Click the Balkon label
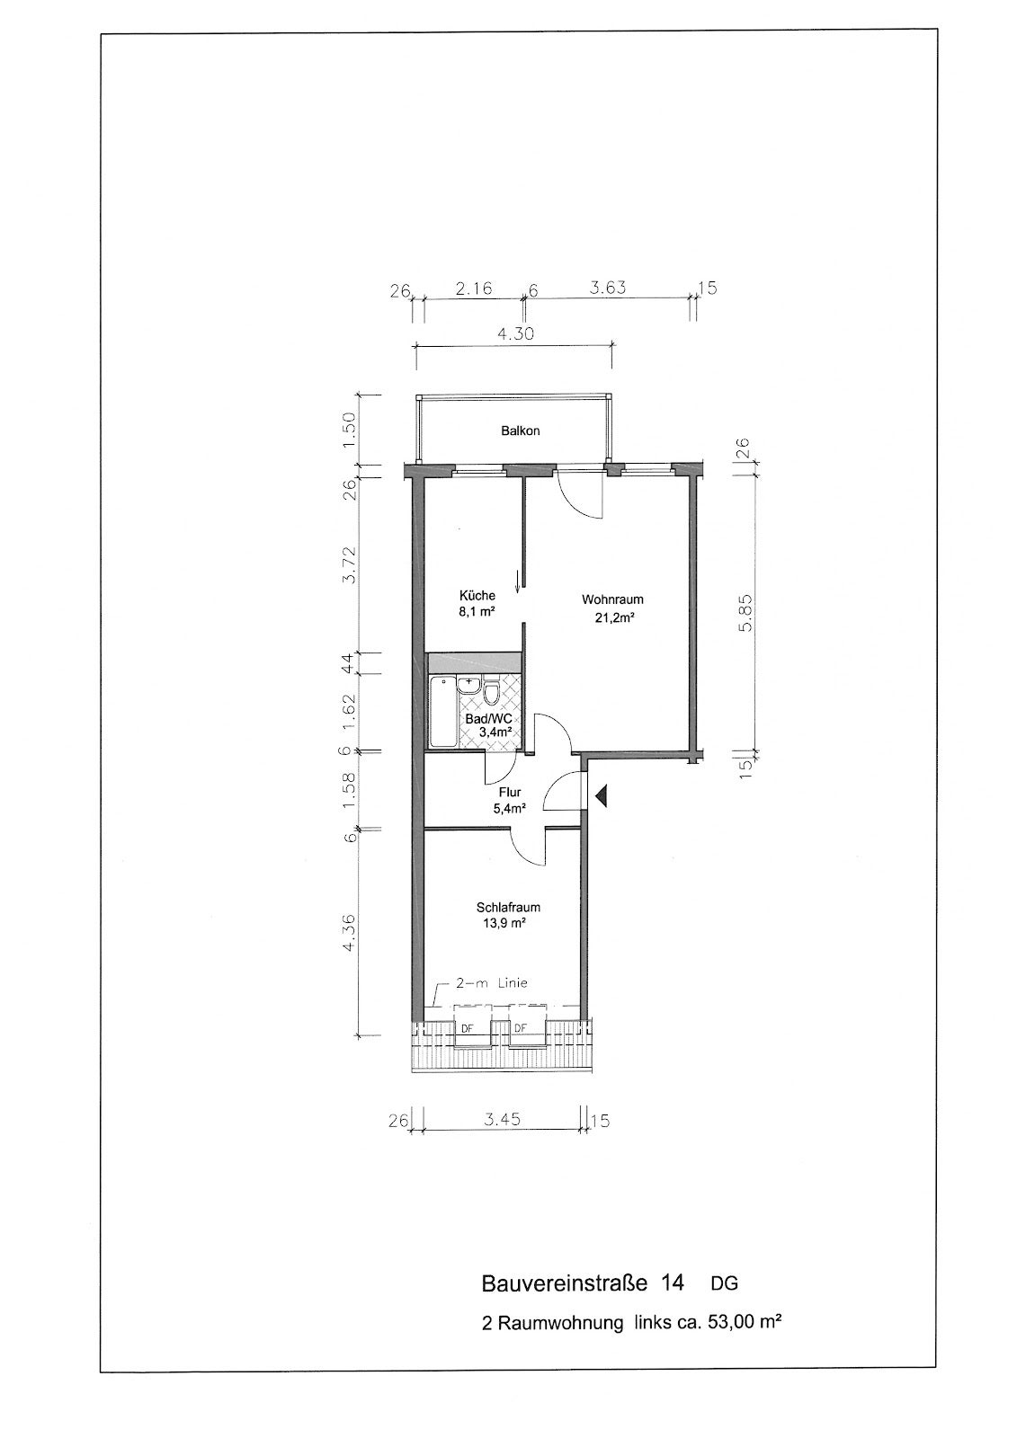coord(520,431)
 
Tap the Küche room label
coord(477,595)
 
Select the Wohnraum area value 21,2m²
coord(612,619)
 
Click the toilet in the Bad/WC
coord(493,692)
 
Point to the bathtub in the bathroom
coord(442,712)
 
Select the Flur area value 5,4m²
coord(510,809)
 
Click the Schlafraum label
coord(508,908)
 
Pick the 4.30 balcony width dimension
coord(514,333)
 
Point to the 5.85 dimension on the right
coord(745,614)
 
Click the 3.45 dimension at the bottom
coord(502,1120)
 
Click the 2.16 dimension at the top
coord(474,288)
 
